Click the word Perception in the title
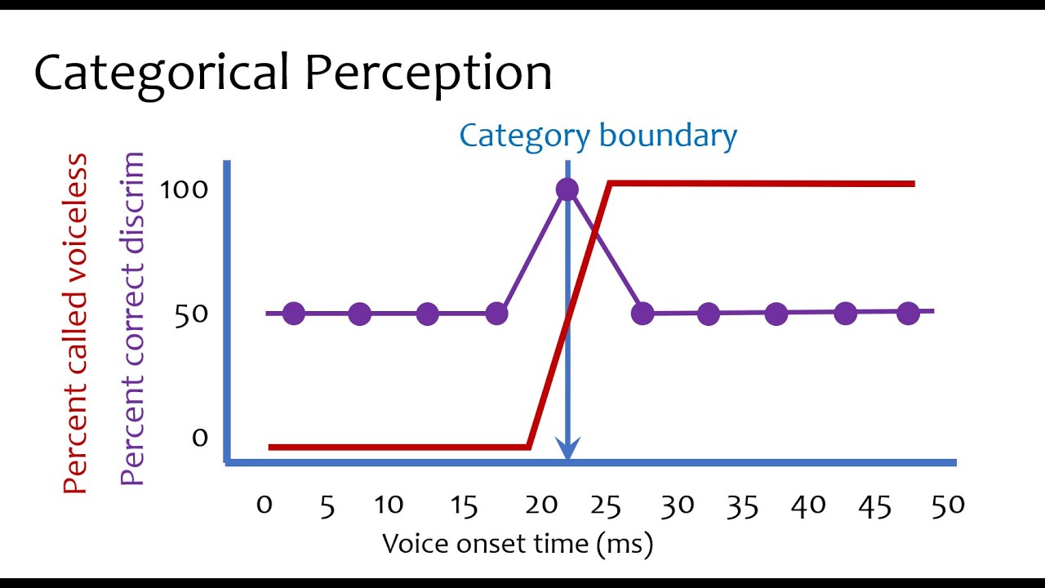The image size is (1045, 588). click(429, 73)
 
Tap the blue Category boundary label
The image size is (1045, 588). click(598, 136)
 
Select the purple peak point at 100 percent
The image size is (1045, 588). click(567, 189)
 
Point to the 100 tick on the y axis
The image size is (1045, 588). click(184, 189)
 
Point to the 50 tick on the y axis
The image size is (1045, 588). click(191, 314)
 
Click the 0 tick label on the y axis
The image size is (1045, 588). click(200, 438)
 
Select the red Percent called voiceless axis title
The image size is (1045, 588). click(75, 323)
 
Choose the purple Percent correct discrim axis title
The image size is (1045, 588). click(132, 318)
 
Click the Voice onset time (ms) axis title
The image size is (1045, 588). click(518, 543)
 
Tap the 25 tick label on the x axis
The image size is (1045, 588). click(606, 506)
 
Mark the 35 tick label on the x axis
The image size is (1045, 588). click(742, 506)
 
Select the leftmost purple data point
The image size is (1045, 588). click(293, 314)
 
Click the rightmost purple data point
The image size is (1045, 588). click(908, 313)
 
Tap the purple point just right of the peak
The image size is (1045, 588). click(643, 314)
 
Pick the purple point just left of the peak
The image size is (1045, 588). click(496, 314)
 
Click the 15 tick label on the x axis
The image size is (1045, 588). click(463, 506)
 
